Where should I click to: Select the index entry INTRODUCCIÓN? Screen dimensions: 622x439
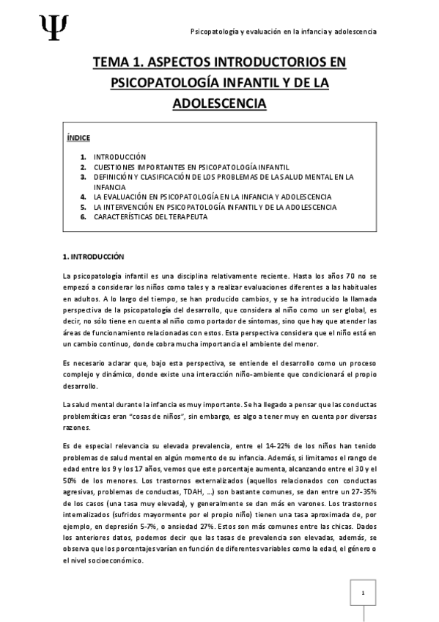(x=120, y=156)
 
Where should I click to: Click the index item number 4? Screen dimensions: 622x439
(x=84, y=197)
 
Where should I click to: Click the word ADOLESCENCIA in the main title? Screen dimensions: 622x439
(x=218, y=103)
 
